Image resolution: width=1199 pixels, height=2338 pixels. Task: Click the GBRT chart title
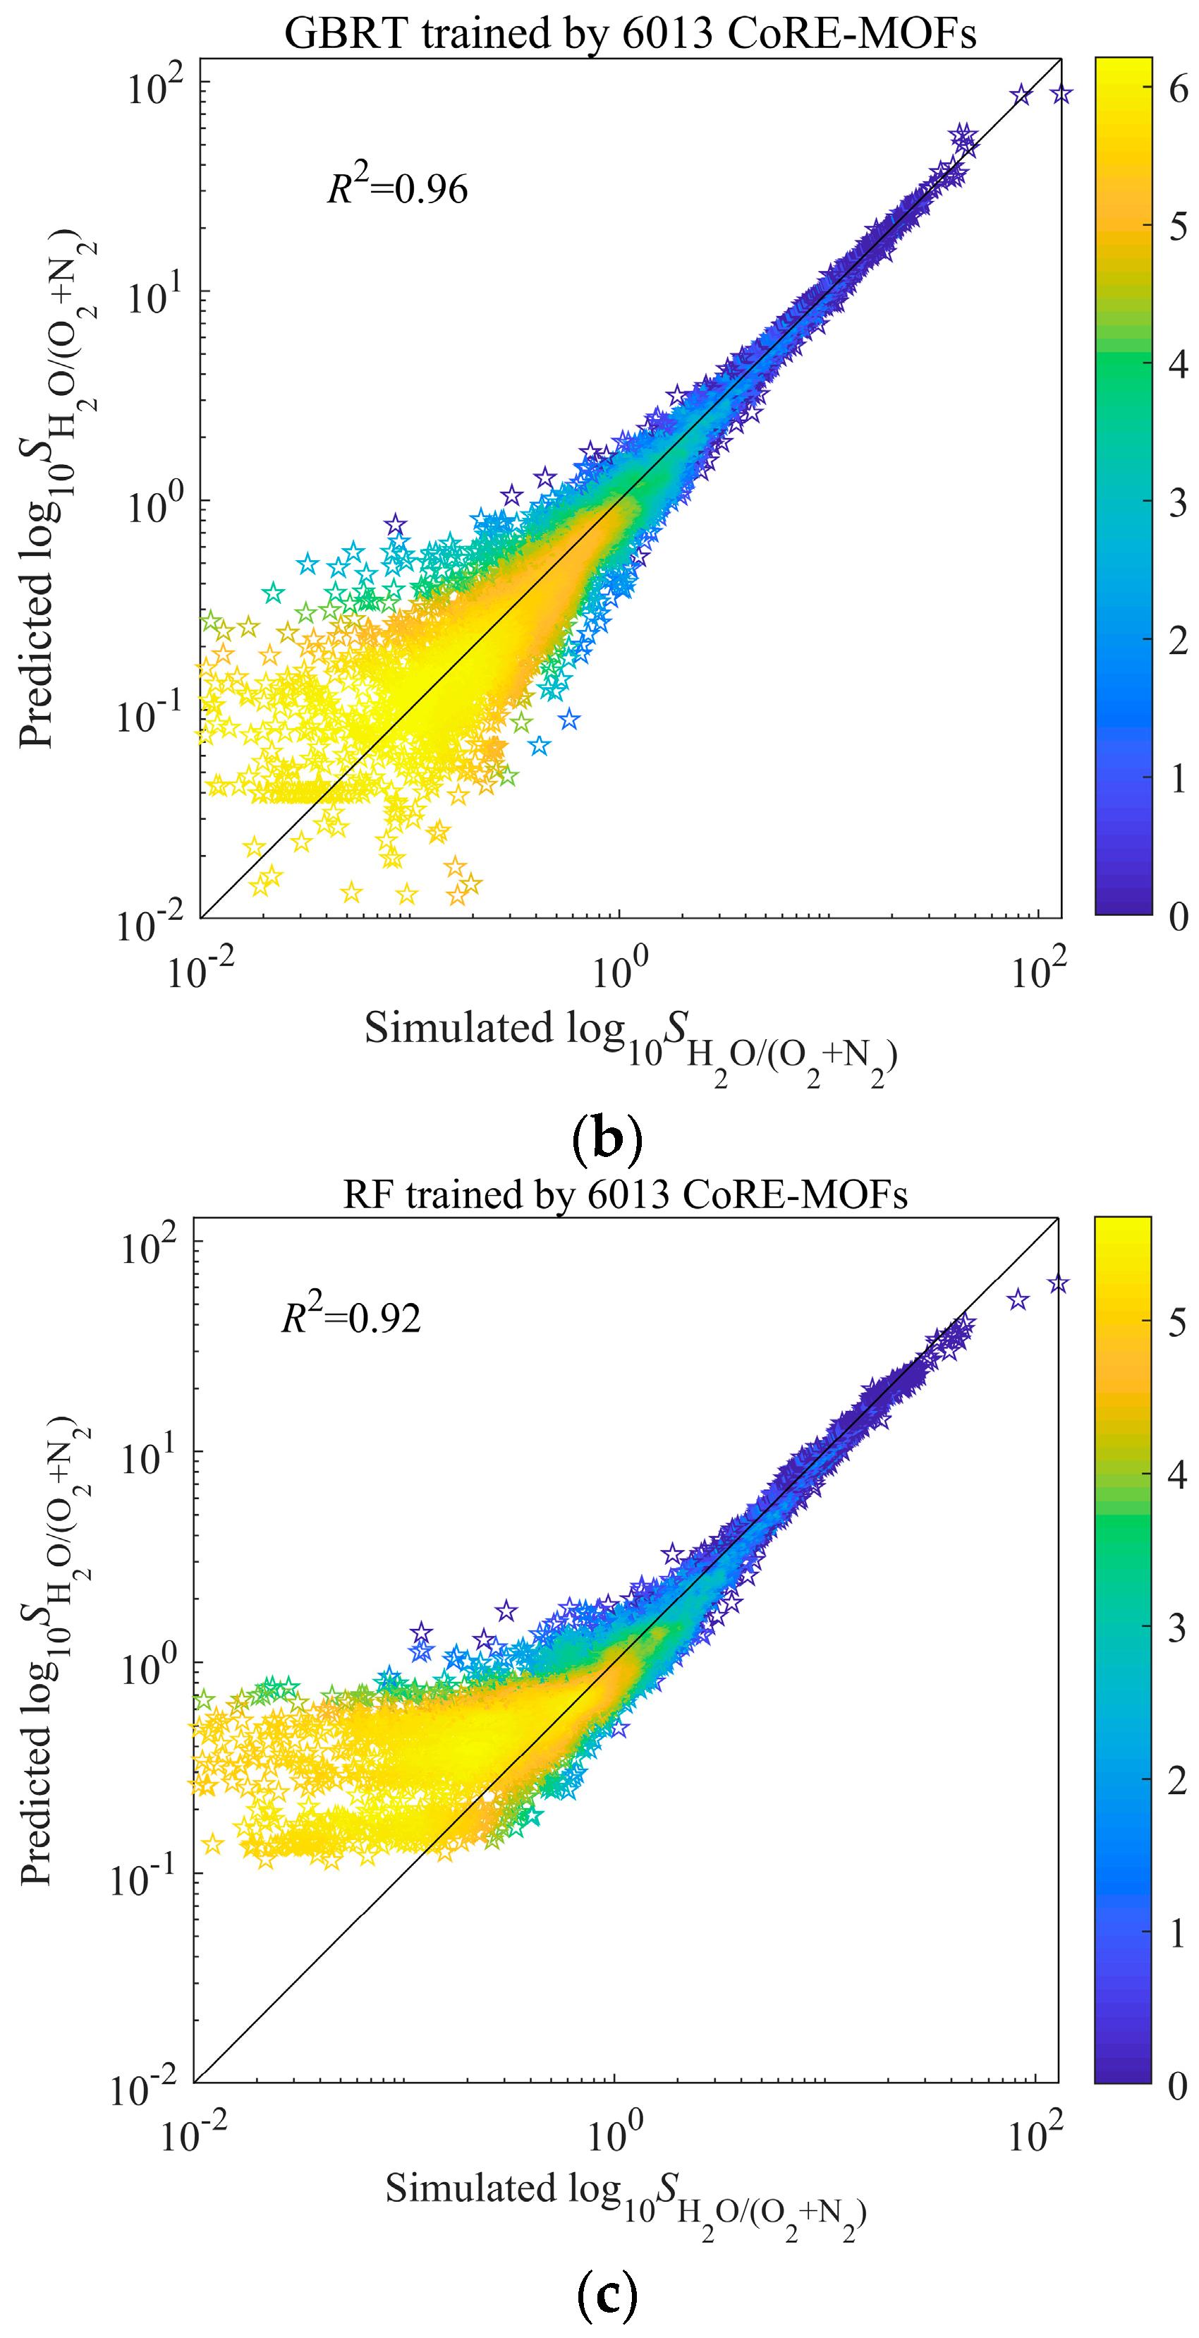tap(630, 34)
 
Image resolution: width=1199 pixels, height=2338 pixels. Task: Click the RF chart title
tap(626, 1194)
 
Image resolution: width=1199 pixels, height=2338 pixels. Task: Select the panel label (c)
tap(607, 2294)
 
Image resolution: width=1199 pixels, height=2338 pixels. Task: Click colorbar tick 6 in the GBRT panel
tap(1178, 89)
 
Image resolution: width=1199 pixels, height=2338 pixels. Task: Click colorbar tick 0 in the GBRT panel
tap(1178, 916)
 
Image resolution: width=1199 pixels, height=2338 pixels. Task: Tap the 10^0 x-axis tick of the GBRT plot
tap(620, 969)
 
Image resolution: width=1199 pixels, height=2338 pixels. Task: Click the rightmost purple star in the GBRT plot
tap(1060, 95)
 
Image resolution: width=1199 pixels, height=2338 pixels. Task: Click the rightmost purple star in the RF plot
tap(1057, 1283)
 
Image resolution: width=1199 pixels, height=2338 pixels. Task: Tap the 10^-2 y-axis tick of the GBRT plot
tap(150, 923)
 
